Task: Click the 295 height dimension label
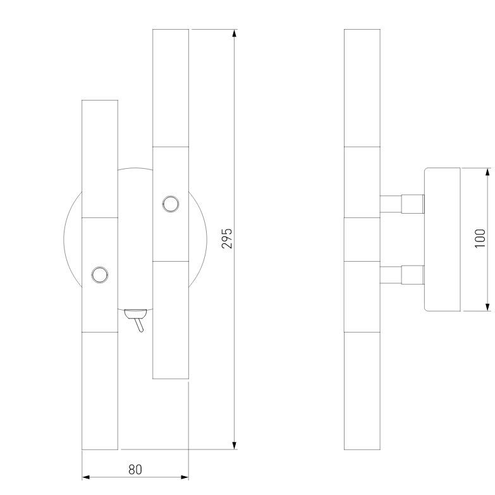[x=227, y=238]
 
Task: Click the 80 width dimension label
[x=135, y=470]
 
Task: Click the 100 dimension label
[x=480, y=238]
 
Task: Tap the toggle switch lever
[x=139, y=325]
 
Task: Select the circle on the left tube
[x=100, y=274]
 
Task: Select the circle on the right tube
[x=171, y=204]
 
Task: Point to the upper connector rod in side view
[x=402, y=204]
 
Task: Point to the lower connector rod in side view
[x=402, y=274]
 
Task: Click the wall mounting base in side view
[x=443, y=240]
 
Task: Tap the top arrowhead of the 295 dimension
[x=235, y=34]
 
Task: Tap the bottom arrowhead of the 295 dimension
[x=235, y=445]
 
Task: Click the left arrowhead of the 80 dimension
[x=86, y=477]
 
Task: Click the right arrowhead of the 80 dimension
[x=185, y=477]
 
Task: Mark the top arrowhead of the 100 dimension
[x=488, y=172]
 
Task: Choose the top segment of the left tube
[x=100, y=159]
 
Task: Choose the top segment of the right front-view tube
[x=171, y=88]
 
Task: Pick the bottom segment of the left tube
[x=100, y=391]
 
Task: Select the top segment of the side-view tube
[x=362, y=88]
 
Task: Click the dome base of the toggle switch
[x=135, y=314]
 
